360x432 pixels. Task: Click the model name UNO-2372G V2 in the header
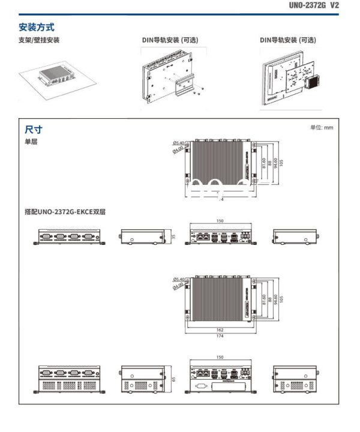coord(322,5)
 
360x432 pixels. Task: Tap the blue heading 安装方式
coord(37,27)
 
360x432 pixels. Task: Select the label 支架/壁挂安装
coord(39,40)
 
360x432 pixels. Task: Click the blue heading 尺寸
coord(34,129)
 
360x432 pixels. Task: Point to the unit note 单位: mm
coord(321,127)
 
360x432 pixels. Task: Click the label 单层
coord(31,142)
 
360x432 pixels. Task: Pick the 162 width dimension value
coord(220,330)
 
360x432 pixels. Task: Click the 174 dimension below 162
coord(220,336)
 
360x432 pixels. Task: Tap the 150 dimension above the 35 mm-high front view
coord(220,221)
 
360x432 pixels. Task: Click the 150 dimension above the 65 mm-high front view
coord(220,357)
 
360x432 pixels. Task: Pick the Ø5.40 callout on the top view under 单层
coord(178,143)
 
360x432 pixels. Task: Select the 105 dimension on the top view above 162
coord(281,298)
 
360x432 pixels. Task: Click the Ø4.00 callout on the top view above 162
coord(178,286)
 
